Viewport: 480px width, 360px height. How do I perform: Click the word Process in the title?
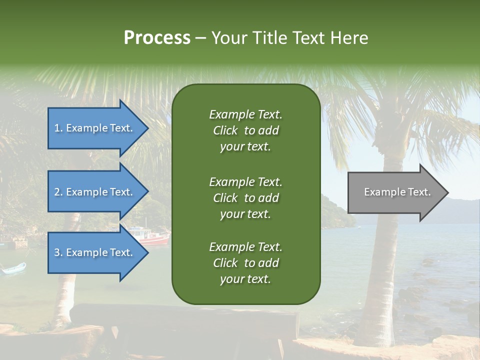[157, 38]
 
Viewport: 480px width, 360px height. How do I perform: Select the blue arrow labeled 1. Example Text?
[95, 128]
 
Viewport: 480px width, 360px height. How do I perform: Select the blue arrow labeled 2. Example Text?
[95, 192]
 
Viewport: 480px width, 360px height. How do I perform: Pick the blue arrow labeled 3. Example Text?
[95, 252]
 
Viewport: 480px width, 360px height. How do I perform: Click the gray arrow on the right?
[395, 192]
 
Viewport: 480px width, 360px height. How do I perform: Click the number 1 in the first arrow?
[57, 128]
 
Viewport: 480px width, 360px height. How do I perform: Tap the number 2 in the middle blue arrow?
[57, 192]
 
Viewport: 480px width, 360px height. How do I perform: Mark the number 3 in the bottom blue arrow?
[57, 252]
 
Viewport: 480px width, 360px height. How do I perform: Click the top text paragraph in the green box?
[245, 130]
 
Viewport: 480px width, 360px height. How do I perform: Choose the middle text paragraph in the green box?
[245, 197]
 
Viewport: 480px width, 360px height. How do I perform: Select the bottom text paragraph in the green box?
[245, 262]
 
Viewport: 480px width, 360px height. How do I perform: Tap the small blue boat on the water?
[13, 269]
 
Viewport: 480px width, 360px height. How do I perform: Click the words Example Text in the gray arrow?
[397, 192]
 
